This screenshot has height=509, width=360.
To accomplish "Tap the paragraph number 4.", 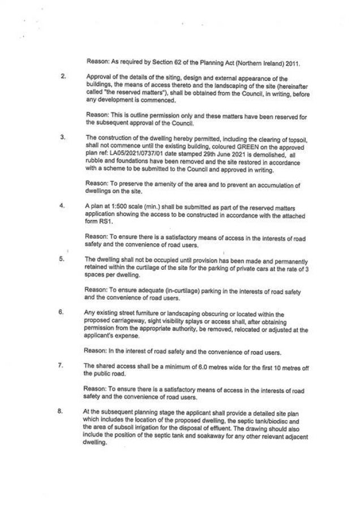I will coord(63,206).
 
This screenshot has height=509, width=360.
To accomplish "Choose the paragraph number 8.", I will coord(63,411).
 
